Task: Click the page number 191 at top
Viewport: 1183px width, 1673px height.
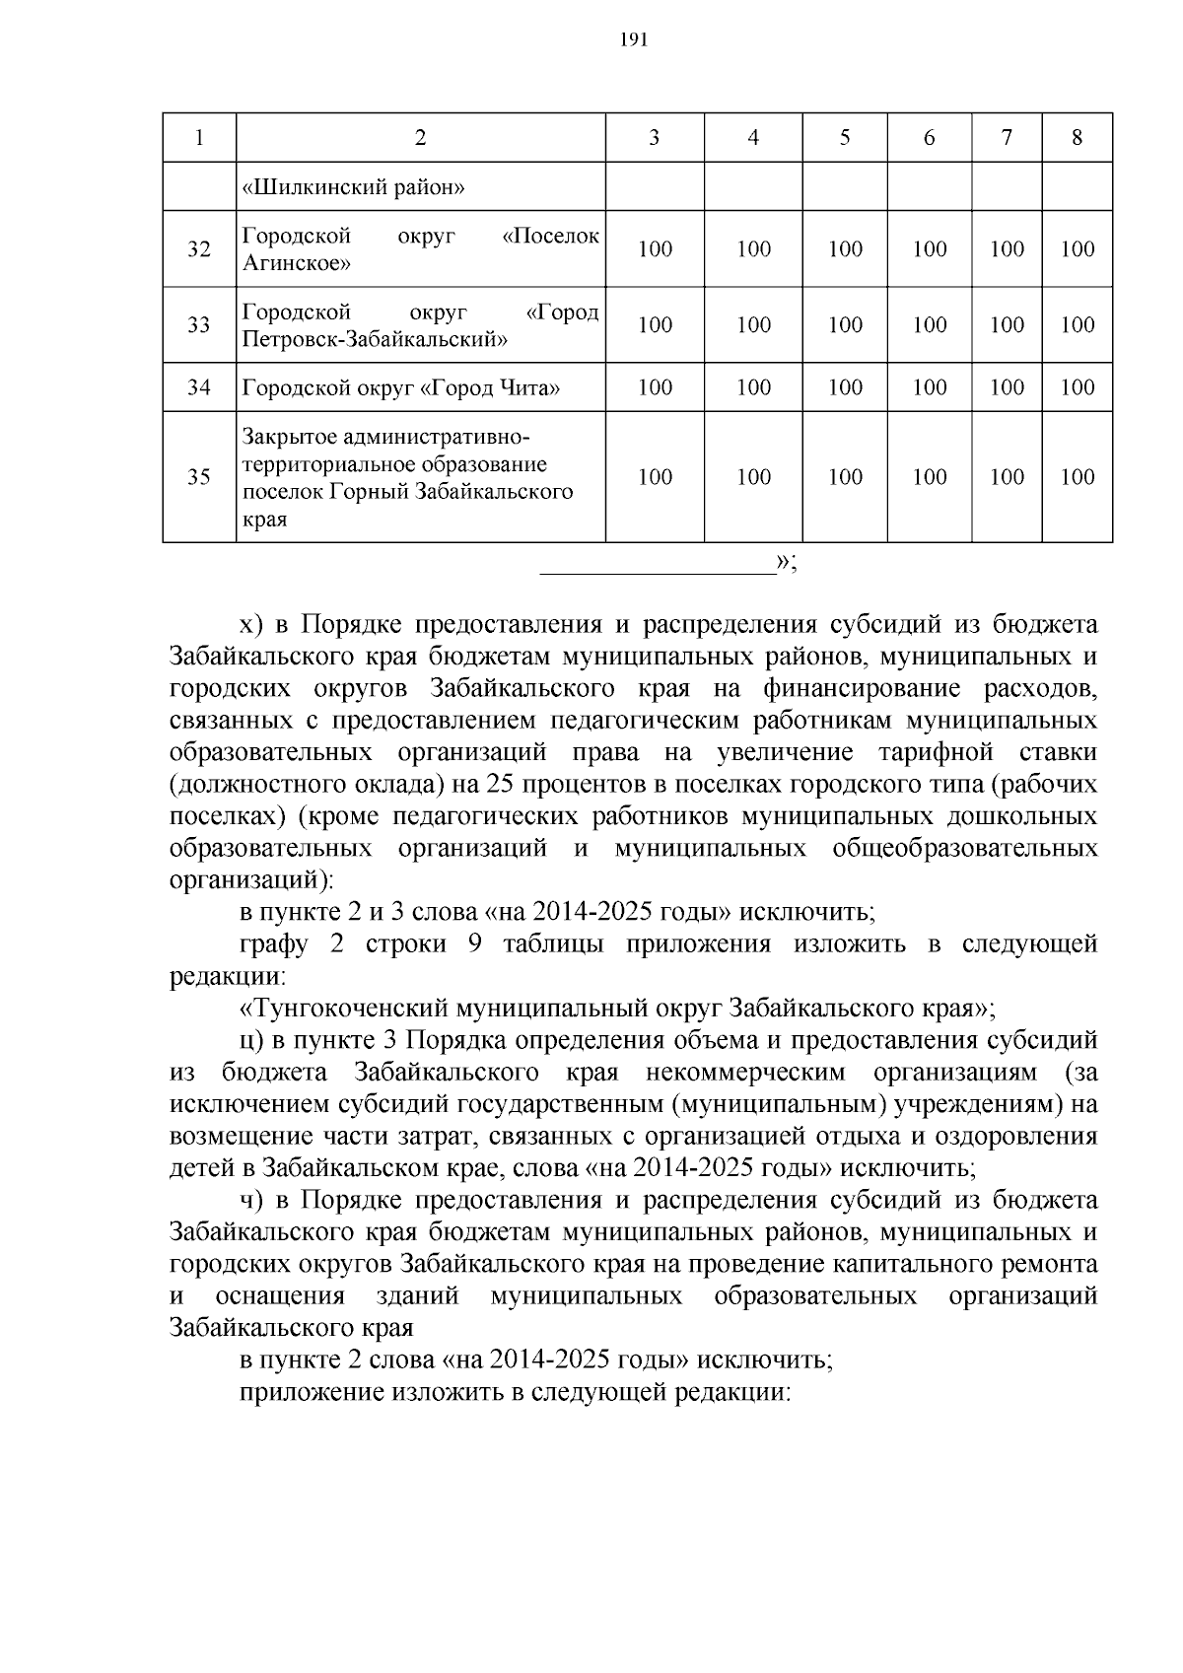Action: (x=632, y=40)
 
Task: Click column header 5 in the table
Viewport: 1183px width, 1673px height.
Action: (x=845, y=138)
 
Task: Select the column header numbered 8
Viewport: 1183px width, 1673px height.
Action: (x=1077, y=138)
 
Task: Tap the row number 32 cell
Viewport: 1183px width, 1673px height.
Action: (x=199, y=249)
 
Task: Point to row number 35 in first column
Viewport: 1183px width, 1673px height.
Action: (x=199, y=477)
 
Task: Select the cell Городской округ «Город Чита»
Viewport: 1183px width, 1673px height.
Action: (x=401, y=388)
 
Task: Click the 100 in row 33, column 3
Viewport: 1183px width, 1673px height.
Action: (x=655, y=325)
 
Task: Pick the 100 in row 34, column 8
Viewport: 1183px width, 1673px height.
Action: (x=1077, y=388)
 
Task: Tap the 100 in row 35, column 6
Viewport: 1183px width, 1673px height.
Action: (x=929, y=477)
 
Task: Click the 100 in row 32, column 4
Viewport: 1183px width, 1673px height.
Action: (x=753, y=249)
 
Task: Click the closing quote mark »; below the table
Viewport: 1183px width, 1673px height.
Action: (x=786, y=563)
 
